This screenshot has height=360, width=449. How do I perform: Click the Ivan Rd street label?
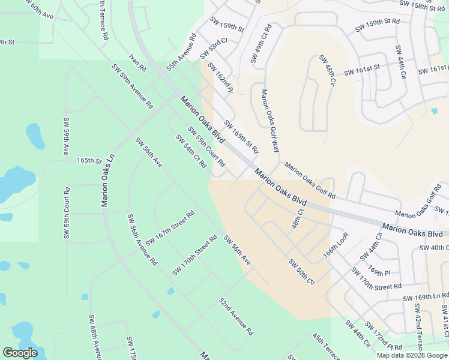(x=137, y=63)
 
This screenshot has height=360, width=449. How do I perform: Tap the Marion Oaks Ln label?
(x=108, y=179)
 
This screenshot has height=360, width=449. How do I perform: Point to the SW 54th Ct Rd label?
(x=191, y=151)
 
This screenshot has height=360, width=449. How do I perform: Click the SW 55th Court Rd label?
(x=206, y=146)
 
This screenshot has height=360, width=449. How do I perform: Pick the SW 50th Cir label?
(x=301, y=272)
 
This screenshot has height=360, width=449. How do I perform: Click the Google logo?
(x=20, y=353)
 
